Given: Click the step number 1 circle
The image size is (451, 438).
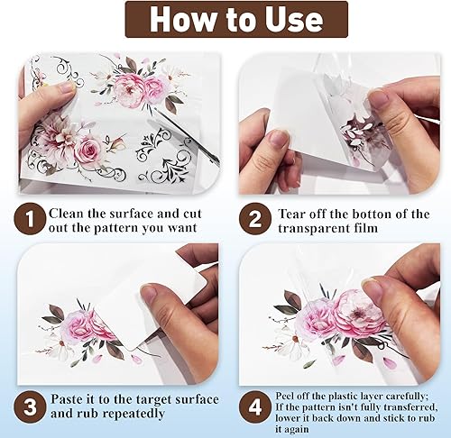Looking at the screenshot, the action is pyautogui.click(x=30, y=219).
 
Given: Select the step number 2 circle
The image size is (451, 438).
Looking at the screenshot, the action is pyautogui.click(x=255, y=219).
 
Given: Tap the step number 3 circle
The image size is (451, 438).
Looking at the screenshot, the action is pyautogui.click(x=30, y=407).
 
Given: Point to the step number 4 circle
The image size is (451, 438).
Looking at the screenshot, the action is pyautogui.click(x=255, y=407).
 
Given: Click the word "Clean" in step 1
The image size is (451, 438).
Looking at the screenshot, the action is pyautogui.click(x=67, y=214).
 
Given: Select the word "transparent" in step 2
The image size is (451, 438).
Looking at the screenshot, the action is pyautogui.click(x=315, y=228).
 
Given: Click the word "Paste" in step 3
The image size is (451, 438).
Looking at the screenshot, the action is pyautogui.click(x=67, y=399).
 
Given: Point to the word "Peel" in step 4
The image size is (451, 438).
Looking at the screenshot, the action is pyautogui.click(x=283, y=396).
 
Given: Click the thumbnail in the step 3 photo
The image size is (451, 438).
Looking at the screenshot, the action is pyautogui.click(x=151, y=295).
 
